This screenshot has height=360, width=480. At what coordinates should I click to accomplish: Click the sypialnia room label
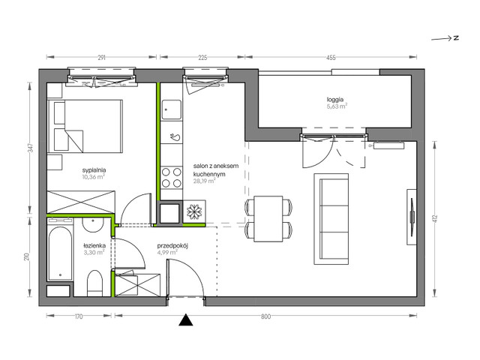(93, 170)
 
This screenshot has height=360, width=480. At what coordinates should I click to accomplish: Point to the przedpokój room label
(172, 244)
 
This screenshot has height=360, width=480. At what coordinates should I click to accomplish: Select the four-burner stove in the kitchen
(169, 178)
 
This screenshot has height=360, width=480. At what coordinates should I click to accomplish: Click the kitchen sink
(170, 136)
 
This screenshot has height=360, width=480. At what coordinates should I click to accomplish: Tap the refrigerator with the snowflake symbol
(193, 212)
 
